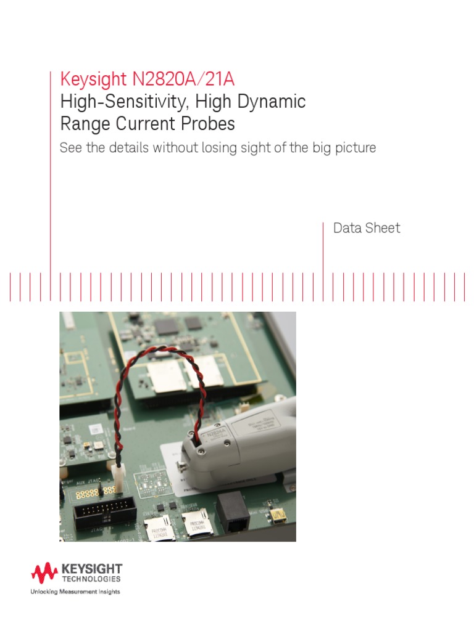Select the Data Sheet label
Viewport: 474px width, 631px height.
[367, 228]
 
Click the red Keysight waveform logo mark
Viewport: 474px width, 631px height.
[44, 574]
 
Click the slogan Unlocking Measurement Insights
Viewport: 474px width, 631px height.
[75, 592]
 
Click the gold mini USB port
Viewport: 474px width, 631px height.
[278, 513]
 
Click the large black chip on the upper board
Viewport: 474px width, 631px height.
[167, 327]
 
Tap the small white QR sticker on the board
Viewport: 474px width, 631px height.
[94, 429]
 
